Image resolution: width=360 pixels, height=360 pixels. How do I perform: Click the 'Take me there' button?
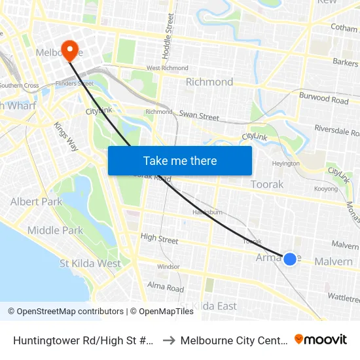coord(180,160)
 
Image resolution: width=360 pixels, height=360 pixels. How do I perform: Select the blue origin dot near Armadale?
coord(290,259)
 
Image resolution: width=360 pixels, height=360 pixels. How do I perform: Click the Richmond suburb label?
coord(209,82)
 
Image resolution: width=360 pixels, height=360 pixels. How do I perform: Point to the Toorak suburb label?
coord(267,185)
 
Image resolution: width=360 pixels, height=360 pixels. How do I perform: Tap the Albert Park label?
coord(36,202)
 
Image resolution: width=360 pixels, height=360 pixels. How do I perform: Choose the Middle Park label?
coord(55,230)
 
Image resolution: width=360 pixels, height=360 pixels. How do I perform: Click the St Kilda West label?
coord(90,264)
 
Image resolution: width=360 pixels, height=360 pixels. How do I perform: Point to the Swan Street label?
coord(199,116)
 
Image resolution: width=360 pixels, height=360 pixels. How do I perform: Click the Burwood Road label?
coord(323,100)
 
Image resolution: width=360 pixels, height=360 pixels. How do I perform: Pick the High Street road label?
coord(159,240)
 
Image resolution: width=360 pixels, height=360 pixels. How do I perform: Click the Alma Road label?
coord(166,287)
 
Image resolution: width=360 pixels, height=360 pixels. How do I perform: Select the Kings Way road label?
coord(65,137)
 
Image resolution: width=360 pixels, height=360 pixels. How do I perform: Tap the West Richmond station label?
coord(167,68)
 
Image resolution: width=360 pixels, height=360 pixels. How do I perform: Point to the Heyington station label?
coord(285,164)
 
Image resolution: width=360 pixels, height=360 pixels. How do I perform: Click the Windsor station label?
coord(168,266)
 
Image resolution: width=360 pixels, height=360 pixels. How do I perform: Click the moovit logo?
coord(321,339)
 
